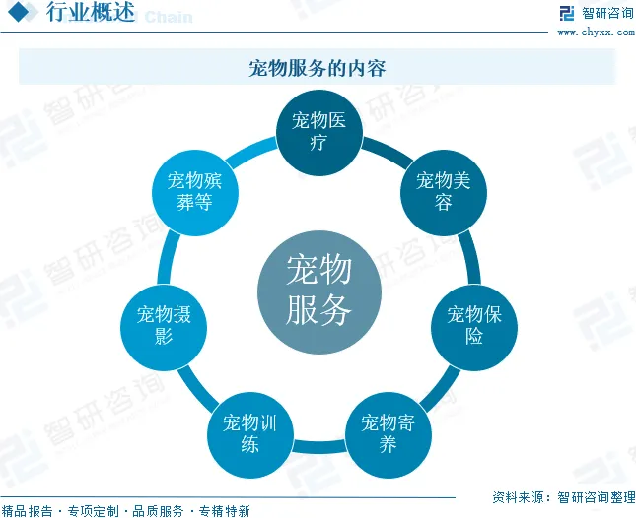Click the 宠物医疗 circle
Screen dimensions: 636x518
[x=318, y=131]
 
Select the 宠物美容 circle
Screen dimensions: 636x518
[x=443, y=191]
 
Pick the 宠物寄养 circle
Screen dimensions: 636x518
[x=387, y=434]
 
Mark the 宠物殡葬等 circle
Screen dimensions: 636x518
[x=195, y=191]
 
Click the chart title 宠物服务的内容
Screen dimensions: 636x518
[x=317, y=68]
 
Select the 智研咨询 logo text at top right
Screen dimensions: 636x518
[x=607, y=13]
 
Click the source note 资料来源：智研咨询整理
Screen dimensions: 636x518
[x=562, y=497]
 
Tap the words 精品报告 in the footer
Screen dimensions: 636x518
[x=29, y=510]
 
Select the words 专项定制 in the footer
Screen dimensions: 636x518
[x=93, y=510]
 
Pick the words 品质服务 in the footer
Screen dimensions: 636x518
[x=158, y=510]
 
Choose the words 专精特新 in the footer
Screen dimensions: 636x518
[x=224, y=510]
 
